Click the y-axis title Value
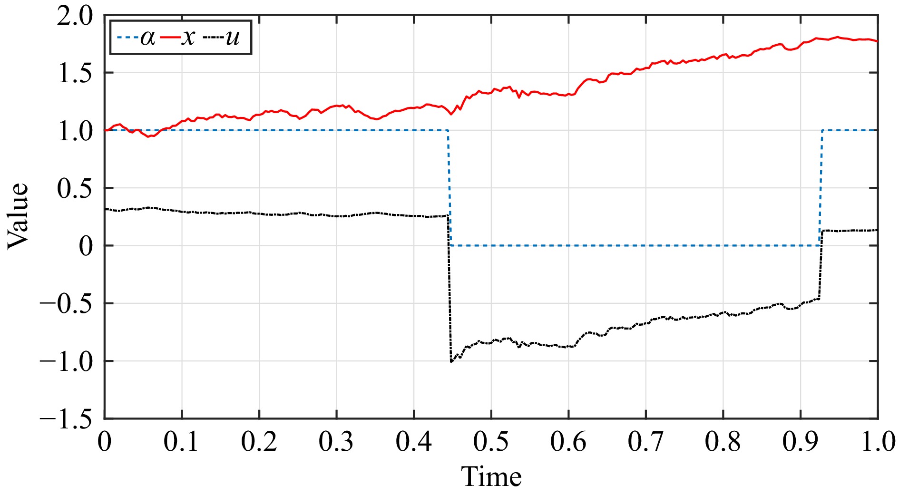[x=18, y=216]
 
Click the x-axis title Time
[x=491, y=477]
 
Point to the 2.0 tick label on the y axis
[x=75, y=17]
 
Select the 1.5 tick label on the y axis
[x=75, y=74]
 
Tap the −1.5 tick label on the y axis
[x=66, y=419]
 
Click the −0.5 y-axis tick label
[x=66, y=304]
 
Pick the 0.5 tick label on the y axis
[x=75, y=189]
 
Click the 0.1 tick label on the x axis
[x=181, y=442]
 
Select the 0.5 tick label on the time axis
[x=491, y=442]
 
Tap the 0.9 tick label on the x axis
[x=800, y=442]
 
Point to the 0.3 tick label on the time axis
[x=336, y=442]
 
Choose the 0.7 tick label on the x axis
[x=645, y=442]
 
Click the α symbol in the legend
[x=147, y=38]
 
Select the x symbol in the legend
[x=189, y=38]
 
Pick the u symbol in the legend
[x=233, y=38]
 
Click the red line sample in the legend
[x=169, y=38]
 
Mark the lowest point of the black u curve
[x=451, y=362]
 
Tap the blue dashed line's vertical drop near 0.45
[x=449, y=188]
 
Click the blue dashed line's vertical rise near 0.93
[x=821, y=188]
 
